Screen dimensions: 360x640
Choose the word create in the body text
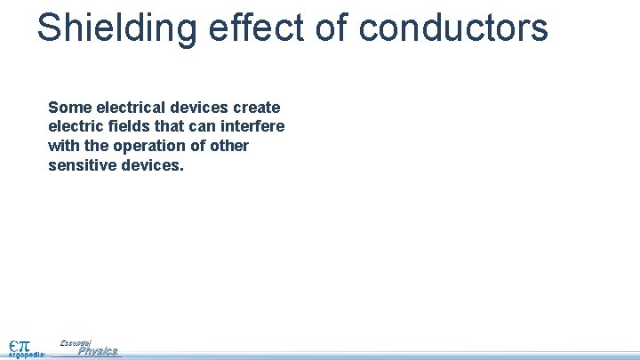pos(257,107)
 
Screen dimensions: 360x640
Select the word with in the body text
pos(63,146)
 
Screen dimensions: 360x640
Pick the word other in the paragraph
pos(229,146)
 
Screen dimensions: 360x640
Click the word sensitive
pos(81,165)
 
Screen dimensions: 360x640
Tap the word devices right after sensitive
pos(151,165)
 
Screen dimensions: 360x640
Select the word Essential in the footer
pos(76,342)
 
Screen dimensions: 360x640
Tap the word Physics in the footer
pos(97,351)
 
